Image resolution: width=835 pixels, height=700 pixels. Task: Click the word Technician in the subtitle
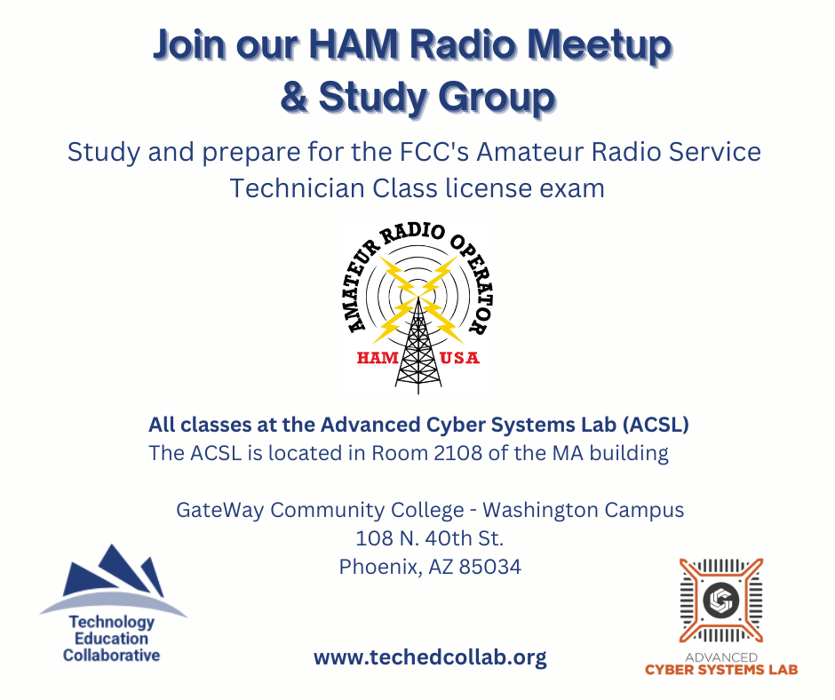tap(296, 188)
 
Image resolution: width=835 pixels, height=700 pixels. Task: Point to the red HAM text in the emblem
tap(378, 358)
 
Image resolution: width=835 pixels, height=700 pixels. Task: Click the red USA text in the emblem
tap(459, 358)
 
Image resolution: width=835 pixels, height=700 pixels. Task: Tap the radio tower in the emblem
tap(418, 346)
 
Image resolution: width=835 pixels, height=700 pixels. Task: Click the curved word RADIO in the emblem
tap(413, 235)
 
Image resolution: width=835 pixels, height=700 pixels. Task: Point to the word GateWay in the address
tap(220, 510)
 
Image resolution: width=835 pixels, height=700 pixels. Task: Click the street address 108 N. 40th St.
tap(429, 538)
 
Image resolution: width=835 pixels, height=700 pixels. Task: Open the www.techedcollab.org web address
tap(430, 656)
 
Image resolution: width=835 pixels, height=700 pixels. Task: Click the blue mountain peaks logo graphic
tap(113, 581)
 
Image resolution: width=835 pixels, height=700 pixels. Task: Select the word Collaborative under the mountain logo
tap(111, 656)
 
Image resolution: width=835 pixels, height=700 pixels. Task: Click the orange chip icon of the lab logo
tap(721, 601)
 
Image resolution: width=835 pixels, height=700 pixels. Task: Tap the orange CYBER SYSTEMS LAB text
tap(721, 670)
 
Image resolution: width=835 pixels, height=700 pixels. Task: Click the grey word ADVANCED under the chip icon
tap(721, 657)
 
